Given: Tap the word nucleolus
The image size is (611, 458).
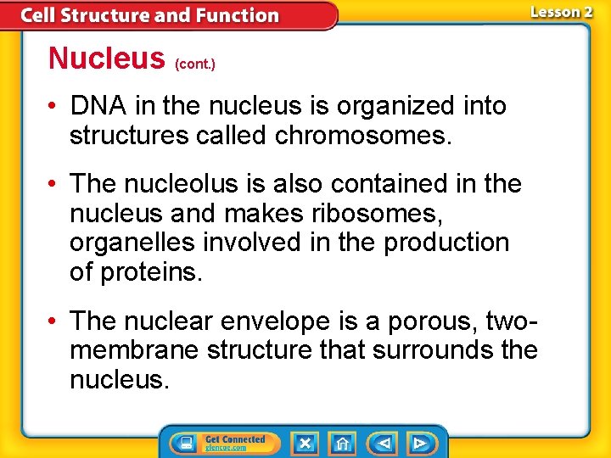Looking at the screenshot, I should (193, 184).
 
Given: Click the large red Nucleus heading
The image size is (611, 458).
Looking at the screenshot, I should (106, 58).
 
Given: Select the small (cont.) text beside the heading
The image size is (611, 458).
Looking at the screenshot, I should (195, 64).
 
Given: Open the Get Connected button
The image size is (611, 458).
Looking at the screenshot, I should (222, 443).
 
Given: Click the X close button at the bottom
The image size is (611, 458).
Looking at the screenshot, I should (305, 443).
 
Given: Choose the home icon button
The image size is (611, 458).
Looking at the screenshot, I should (343, 443).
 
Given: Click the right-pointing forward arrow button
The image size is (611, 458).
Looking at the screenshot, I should (419, 443).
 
